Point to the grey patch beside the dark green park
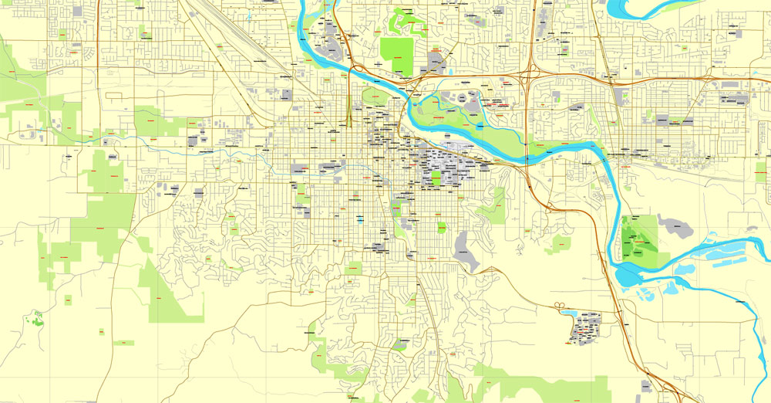[x=672, y=225]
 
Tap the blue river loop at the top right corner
[x=640, y=9]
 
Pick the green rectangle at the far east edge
[x=761, y=172]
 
